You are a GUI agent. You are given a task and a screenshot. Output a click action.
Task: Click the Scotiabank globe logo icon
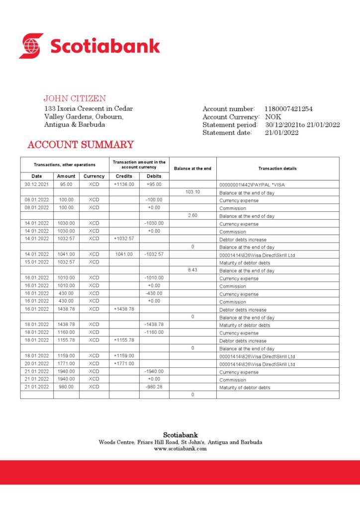(x=31, y=46)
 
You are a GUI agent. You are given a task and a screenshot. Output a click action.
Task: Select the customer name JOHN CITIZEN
(x=75, y=98)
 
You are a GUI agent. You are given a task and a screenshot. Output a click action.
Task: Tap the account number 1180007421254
(x=289, y=109)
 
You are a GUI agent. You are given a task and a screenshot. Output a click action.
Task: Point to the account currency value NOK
(x=273, y=117)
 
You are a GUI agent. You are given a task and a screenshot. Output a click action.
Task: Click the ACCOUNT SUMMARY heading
(x=81, y=145)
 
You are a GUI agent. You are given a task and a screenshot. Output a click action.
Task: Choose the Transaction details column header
(x=277, y=169)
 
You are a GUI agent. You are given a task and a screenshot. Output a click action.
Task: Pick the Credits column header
(x=124, y=176)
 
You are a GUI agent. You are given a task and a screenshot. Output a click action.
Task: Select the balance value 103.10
(x=192, y=192)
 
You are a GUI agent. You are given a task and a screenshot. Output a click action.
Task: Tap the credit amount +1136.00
(x=124, y=184)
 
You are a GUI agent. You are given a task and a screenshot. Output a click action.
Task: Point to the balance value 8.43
(x=192, y=270)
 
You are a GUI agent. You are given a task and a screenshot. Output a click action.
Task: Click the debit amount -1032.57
(x=154, y=254)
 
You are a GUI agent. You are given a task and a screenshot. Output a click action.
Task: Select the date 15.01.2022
(x=37, y=262)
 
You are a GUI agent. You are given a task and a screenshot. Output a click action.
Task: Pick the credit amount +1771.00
(x=124, y=363)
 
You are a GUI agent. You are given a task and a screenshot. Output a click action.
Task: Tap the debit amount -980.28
(x=154, y=387)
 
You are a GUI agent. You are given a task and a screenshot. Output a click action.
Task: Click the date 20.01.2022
(x=37, y=363)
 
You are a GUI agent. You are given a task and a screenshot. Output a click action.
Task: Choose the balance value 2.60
(x=192, y=215)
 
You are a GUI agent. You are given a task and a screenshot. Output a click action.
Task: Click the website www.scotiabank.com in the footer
(x=180, y=448)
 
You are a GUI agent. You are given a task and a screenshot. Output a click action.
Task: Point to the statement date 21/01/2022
(x=282, y=133)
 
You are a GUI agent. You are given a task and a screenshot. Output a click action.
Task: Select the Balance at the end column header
(x=192, y=169)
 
